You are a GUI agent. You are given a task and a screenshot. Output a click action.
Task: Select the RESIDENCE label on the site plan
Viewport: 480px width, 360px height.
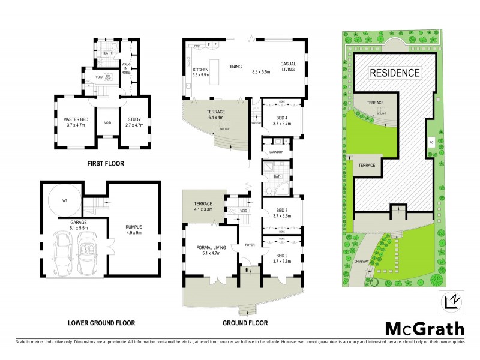[394, 73]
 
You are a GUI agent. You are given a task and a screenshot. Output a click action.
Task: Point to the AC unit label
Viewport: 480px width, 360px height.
[431, 143]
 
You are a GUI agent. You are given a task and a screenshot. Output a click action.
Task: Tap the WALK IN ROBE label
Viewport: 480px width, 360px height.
[126, 67]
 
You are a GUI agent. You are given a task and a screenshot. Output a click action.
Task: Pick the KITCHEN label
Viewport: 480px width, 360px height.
[200, 71]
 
